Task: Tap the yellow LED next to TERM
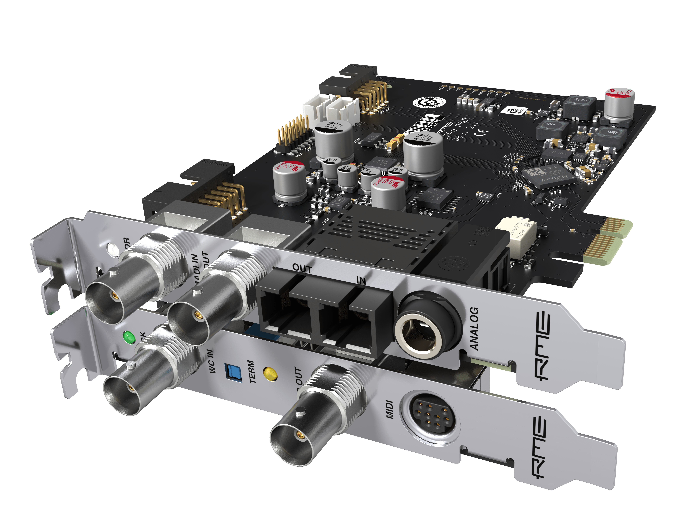point(271,374)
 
